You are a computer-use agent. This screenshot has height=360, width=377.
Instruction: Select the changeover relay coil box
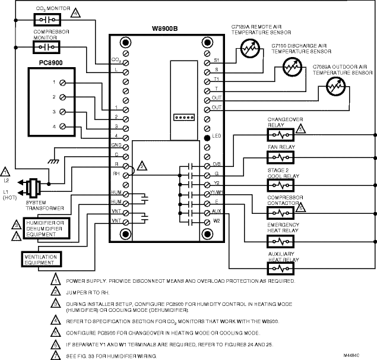point(278,135)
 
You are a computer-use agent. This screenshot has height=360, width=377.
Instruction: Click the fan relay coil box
point(278,157)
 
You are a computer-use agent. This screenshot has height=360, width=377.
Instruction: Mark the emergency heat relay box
point(278,242)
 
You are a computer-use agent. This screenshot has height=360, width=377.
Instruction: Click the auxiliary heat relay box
point(278,270)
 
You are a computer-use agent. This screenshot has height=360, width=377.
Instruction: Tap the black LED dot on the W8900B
point(205,138)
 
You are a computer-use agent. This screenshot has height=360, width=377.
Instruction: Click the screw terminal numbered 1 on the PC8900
point(63,82)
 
